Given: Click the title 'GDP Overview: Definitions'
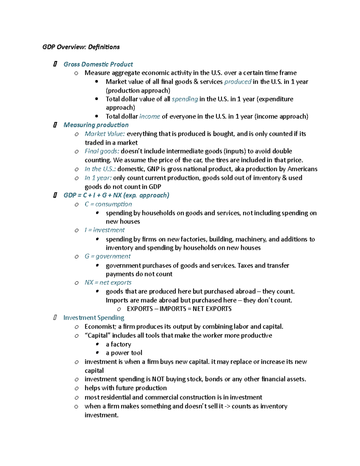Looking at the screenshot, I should pos(81,47).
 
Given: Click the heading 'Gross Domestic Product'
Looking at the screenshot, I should pos(98,64).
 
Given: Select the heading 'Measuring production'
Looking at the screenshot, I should pos(96,125).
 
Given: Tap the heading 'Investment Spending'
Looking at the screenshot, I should pos(94,317).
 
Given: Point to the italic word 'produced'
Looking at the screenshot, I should pos(238,82).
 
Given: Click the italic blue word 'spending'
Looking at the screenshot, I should pos(185,99).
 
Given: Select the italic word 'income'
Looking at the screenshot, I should pos(150,116).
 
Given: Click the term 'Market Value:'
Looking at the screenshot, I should pos(105,134).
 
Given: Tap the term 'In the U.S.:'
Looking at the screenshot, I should pos(100,169).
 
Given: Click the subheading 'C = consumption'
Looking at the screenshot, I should pos(108,204).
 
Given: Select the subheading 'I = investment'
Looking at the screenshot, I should pos(104,230).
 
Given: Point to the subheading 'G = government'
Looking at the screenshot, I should pos(107,256).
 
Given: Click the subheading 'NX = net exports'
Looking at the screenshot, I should pos(108,283).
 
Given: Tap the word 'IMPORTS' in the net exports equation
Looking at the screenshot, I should pos(173,309).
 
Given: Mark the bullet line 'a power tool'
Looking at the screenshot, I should pos(124,353).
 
